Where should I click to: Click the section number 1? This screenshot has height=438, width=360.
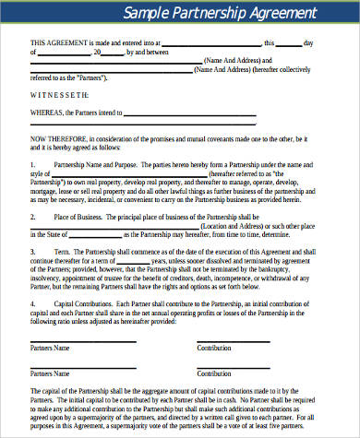pyautogui.click(x=32, y=163)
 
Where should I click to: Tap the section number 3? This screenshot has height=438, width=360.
pyautogui.click(x=32, y=250)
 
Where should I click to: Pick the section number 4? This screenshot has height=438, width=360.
pyautogui.click(x=32, y=302)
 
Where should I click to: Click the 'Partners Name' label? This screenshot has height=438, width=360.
pyautogui.click(x=50, y=349)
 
